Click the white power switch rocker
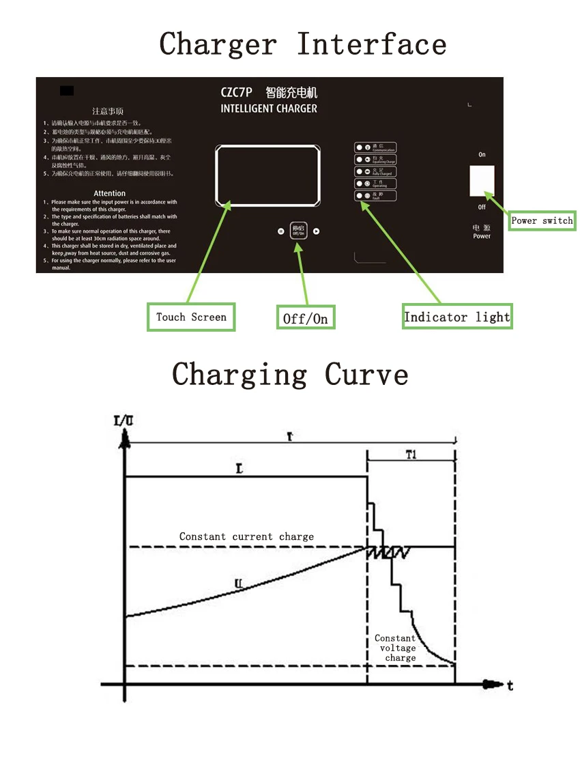pyautogui.click(x=482, y=181)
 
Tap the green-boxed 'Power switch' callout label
pyautogui.click(x=542, y=220)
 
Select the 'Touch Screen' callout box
pyautogui.click(x=191, y=317)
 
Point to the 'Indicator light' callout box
pyautogui.click(x=456, y=317)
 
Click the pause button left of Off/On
pyautogui.click(x=280, y=231)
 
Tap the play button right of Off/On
pyautogui.click(x=317, y=231)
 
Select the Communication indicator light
pyautogui.click(x=359, y=147)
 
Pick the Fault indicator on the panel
pyautogui.click(x=359, y=196)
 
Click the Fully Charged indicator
pyautogui.click(x=359, y=171)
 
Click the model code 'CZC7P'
pyautogui.click(x=236, y=93)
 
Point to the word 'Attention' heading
pyautogui.click(x=110, y=193)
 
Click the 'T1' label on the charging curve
pyautogui.click(x=411, y=456)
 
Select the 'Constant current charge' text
pyautogui.click(x=246, y=536)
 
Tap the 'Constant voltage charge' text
pyautogui.click(x=396, y=648)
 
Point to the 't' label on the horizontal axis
pyautogui.click(x=510, y=685)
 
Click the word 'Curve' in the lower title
pyautogui.click(x=366, y=374)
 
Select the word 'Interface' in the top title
pyautogui.click(x=372, y=45)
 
